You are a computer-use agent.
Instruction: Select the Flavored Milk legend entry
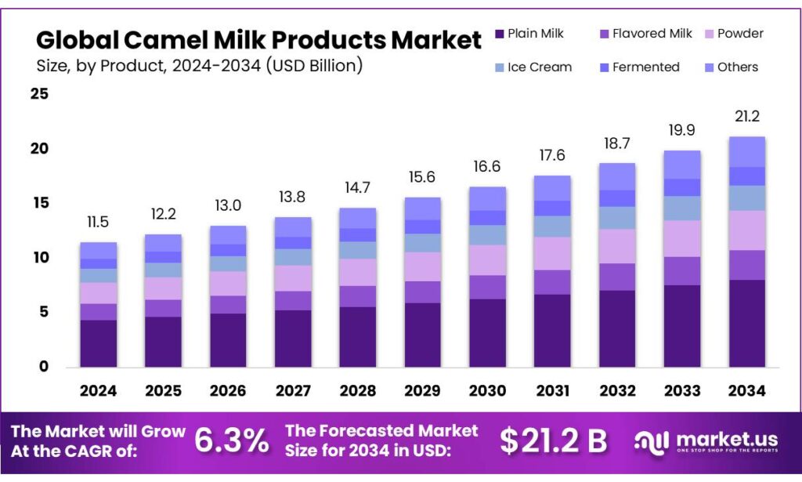click(644, 34)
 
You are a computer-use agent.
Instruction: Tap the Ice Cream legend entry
click(532, 67)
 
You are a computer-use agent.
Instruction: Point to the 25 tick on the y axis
click(39, 95)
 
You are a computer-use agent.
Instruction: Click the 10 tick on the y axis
click(39, 258)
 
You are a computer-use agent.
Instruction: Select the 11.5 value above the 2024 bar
click(98, 223)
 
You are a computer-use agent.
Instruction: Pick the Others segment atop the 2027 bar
click(293, 227)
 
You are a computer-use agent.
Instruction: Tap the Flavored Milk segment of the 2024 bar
click(98, 311)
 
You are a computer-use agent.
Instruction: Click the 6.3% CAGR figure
click(231, 441)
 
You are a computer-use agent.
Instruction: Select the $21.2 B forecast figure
click(554, 441)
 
